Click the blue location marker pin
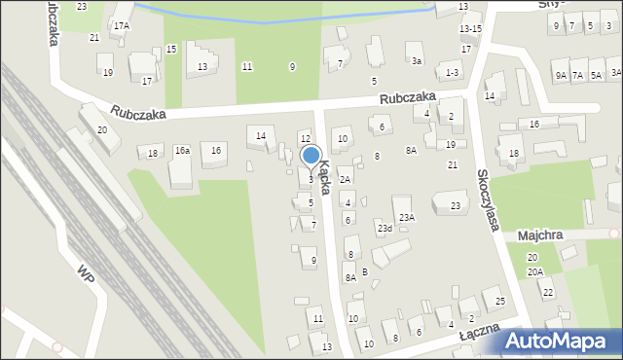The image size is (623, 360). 311,155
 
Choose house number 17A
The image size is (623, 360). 121,26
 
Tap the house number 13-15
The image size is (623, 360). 470,29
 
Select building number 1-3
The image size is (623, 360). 450,73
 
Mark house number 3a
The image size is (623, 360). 416,60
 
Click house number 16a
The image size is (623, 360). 181,151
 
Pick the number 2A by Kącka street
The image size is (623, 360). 345,180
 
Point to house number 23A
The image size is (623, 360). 406,217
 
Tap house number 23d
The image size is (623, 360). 385,229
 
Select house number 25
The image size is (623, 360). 499,302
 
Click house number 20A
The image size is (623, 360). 534,272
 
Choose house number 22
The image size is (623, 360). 547,293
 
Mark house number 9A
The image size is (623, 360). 560,75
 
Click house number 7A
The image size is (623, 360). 577,75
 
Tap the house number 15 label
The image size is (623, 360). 171,49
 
